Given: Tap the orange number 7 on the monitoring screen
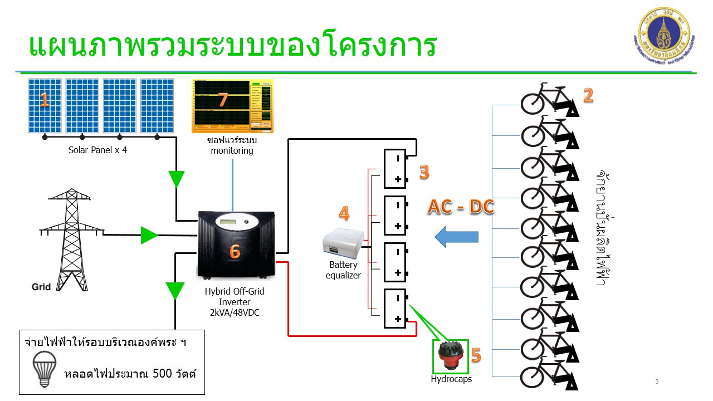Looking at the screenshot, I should [x=223, y=100].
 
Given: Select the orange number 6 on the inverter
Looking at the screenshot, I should [x=235, y=252].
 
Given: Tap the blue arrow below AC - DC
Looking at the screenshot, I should [x=456, y=237].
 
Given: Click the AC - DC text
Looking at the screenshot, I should [x=461, y=207].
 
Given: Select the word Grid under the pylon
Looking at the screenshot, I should [x=41, y=287].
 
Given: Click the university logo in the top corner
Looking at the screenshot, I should [x=665, y=35].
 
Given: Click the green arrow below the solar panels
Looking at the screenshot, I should [x=177, y=179].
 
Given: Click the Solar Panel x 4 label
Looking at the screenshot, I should [x=97, y=150].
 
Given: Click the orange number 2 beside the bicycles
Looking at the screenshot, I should [x=588, y=96].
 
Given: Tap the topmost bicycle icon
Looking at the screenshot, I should [x=549, y=100].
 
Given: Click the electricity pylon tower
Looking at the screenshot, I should [x=71, y=237].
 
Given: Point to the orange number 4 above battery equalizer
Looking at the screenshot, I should [x=344, y=213].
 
